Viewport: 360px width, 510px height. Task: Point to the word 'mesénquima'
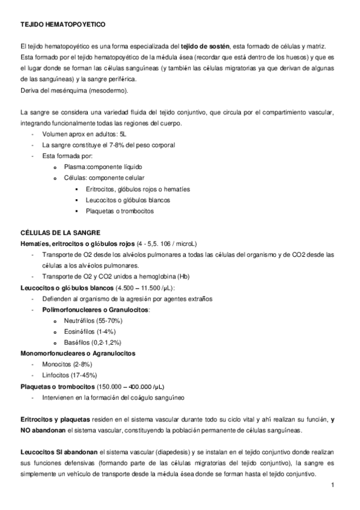[66, 90]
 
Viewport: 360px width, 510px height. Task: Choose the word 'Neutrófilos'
[80, 321]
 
